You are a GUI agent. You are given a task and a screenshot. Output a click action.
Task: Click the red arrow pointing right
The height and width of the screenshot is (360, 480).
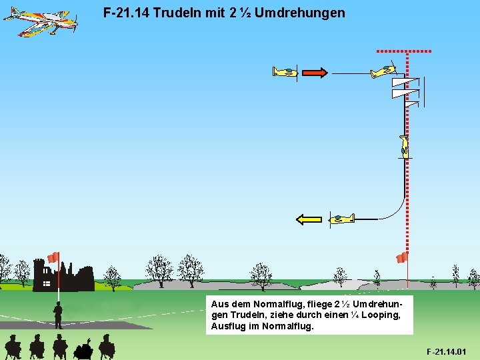point(314,73)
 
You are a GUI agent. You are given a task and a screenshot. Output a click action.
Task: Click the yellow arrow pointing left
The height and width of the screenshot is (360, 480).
point(309,219)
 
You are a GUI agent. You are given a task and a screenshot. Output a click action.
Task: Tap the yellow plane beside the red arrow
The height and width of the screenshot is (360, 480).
point(285,72)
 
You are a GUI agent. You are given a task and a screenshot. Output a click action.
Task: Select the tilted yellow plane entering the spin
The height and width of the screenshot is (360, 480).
point(383,71)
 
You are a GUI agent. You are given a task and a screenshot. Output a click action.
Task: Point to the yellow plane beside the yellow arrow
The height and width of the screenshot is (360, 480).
point(341,218)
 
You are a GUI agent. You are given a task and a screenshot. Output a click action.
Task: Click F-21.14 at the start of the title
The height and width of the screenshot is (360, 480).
point(127,13)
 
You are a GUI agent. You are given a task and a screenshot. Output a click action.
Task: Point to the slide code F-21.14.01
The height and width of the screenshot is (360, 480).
point(447,351)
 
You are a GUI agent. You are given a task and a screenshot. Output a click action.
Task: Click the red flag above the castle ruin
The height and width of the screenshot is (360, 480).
point(53,257)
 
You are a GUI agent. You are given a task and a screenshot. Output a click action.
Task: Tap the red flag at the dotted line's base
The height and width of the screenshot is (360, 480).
point(401,258)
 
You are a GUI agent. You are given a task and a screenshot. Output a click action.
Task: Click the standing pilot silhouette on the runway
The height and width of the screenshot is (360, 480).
point(59,315)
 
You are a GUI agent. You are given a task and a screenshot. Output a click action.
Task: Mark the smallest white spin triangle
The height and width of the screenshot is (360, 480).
point(412,103)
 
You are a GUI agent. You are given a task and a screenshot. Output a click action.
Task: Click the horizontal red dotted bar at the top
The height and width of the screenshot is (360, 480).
point(404,51)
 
